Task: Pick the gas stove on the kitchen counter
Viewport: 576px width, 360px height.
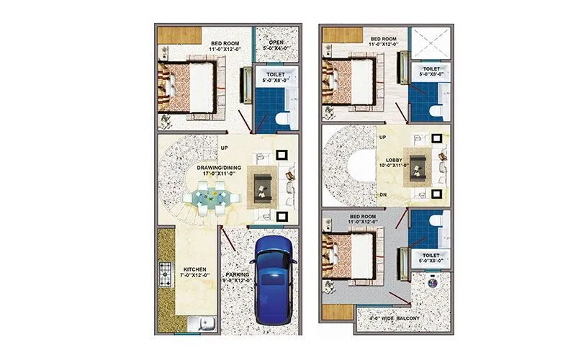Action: click(x=164, y=274)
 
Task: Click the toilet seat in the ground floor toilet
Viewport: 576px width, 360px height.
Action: click(x=280, y=119)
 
